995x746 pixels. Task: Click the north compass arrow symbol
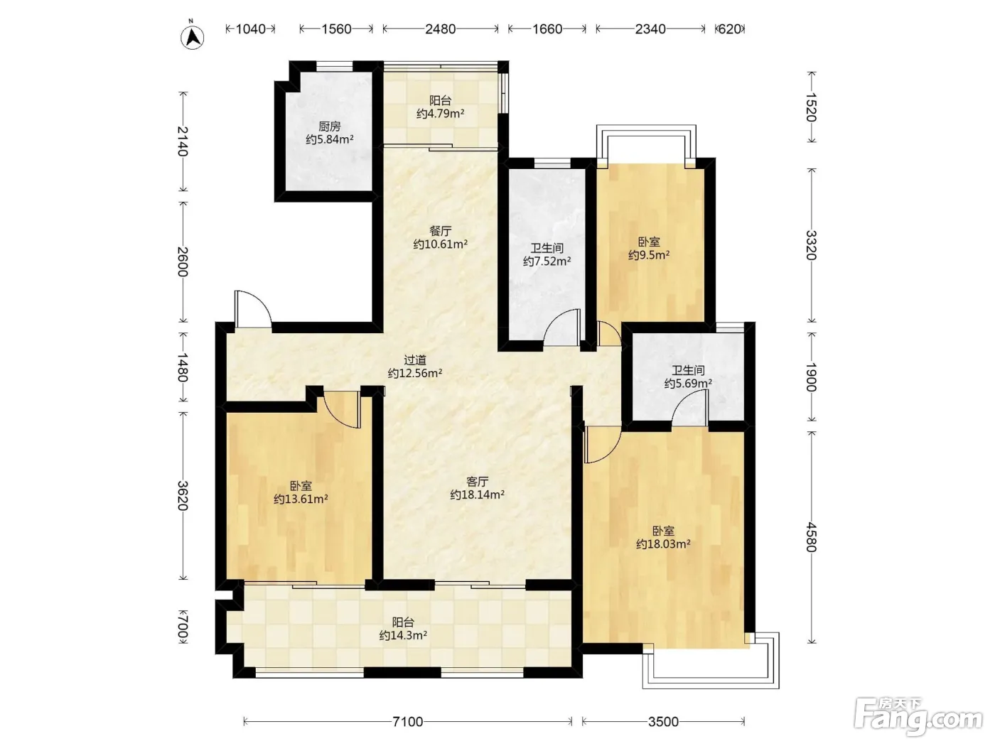(192, 37)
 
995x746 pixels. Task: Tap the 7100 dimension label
(407, 722)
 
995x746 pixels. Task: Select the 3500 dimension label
(662, 722)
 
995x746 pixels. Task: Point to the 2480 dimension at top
(440, 29)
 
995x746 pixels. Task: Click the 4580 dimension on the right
(812, 537)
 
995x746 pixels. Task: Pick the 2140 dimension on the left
(182, 141)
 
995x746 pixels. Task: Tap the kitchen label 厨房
(330, 126)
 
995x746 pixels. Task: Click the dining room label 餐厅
(440, 231)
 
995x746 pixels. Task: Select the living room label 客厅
(478, 481)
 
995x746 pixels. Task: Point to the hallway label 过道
(415, 360)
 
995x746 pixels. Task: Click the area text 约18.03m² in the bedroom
(663, 544)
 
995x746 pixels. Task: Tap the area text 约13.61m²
(301, 499)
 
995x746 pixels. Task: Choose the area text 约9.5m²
(649, 255)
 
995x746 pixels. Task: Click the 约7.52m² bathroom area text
(547, 261)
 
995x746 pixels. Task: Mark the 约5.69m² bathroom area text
(688, 384)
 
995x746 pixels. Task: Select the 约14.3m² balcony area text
(403, 635)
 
